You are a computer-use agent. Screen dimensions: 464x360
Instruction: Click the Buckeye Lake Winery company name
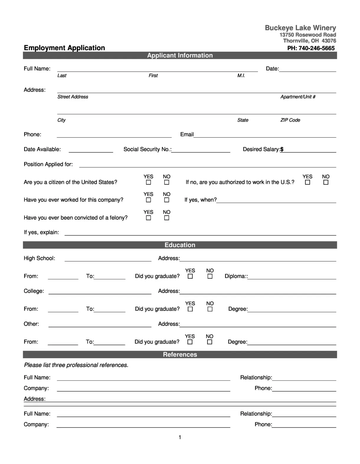(x=300, y=28)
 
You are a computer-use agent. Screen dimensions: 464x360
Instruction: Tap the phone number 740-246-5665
(x=316, y=48)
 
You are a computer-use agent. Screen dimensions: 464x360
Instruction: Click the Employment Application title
(x=64, y=48)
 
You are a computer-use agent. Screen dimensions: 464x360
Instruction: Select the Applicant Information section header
(x=180, y=55)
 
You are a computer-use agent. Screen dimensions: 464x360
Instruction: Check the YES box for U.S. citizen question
(x=148, y=182)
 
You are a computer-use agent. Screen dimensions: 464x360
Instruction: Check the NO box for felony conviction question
(x=166, y=218)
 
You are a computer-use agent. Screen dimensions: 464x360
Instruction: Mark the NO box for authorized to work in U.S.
(x=326, y=182)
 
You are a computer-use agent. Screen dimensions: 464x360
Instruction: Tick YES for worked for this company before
(x=148, y=200)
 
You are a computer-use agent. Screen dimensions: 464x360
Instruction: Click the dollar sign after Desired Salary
(x=282, y=149)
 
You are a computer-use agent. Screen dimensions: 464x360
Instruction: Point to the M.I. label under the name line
(x=241, y=76)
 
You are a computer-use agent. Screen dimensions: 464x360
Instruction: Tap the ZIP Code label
(x=290, y=120)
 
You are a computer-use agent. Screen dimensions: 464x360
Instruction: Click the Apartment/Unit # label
(x=298, y=97)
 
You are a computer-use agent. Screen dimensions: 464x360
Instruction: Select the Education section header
(x=180, y=245)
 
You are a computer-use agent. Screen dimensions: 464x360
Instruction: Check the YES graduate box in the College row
(x=190, y=309)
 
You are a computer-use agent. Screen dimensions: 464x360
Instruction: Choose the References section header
(x=180, y=354)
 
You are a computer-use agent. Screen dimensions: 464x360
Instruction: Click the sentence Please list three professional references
(x=76, y=365)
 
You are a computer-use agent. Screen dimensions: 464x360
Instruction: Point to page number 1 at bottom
(x=180, y=437)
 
